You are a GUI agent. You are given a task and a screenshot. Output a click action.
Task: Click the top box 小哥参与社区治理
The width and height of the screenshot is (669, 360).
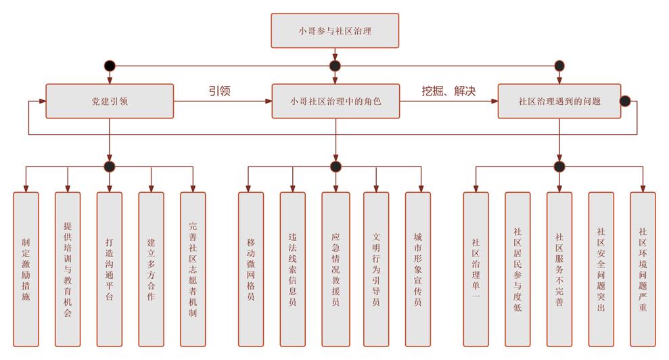(x=335, y=30)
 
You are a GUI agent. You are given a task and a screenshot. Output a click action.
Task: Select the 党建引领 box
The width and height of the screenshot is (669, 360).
(x=110, y=102)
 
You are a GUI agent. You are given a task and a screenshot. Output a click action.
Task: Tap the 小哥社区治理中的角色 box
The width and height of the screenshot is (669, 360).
(x=335, y=102)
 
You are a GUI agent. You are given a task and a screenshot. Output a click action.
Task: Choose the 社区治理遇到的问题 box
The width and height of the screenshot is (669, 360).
(x=559, y=102)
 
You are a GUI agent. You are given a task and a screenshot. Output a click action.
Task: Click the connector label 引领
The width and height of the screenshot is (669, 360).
(x=219, y=91)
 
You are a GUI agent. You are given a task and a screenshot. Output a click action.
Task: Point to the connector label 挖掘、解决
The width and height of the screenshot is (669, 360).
(x=448, y=91)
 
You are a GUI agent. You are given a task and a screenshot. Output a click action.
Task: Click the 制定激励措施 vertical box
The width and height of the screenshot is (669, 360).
(x=26, y=268)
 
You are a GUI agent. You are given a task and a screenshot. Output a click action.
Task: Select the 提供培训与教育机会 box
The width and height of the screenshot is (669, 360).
(x=68, y=268)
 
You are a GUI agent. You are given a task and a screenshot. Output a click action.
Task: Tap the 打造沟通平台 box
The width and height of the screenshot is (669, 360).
(x=110, y=268)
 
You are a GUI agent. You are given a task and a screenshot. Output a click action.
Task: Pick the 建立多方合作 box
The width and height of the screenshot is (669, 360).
(x=152, y=268)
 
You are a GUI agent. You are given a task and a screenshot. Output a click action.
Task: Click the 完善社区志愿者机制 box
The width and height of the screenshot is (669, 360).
(x=193, y=268)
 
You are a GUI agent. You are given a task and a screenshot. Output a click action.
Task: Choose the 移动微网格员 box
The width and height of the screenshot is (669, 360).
(x=251, y=268)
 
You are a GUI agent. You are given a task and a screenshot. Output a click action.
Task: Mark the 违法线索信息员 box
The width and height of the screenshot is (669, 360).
(x=293, y=268)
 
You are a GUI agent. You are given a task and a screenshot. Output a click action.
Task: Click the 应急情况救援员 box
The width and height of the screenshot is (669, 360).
(x=335, y=268)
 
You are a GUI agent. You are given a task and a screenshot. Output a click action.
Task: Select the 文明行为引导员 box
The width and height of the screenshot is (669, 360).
(x=377, y=268)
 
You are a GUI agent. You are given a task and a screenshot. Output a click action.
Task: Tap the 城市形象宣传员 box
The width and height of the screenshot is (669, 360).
(x=418, y=268)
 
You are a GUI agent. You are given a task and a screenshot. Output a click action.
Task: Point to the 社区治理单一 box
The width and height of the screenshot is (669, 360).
(x=476, y=268)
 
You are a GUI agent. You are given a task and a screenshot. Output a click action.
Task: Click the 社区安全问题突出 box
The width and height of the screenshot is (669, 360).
(x=601, y=268)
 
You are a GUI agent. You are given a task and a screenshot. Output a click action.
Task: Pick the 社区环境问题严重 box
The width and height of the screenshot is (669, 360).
(x=643, y=268)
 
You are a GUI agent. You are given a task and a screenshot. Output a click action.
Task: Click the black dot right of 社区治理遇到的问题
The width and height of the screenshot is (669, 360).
(x=626, y=102)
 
